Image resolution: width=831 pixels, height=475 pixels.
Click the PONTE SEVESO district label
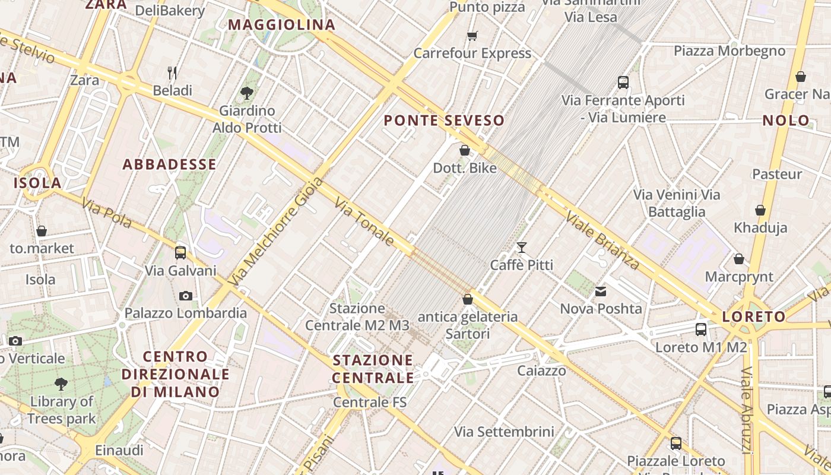click(444, 121)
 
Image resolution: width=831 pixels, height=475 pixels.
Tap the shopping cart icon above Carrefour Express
click(472, 36)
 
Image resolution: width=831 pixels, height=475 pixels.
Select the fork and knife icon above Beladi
click(172, 73)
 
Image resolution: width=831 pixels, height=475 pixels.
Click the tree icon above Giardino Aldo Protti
click(247, 93)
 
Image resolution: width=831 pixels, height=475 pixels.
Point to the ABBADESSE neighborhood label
click(170, 164)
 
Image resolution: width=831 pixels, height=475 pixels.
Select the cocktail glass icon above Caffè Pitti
click(522, 247)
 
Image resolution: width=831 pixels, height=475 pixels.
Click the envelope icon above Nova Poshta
click(601, 292)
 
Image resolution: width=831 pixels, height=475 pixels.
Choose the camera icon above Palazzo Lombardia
click(185, 296)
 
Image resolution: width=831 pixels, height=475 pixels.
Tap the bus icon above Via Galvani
click(180, 253)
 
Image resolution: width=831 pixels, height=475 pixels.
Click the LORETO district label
click(754, 316)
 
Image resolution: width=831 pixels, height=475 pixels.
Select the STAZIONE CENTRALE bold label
click(373, 369)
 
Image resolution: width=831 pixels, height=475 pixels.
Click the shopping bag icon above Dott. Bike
click(465, 150)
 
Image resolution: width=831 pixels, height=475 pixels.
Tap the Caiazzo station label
click(541, 371)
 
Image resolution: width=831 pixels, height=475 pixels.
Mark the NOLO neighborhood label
click(786, 121)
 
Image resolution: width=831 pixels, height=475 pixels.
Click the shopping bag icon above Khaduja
click(760, 210)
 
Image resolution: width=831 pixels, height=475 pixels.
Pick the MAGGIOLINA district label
click(282, 25)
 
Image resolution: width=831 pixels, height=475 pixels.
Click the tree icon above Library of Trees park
click(61, 384)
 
